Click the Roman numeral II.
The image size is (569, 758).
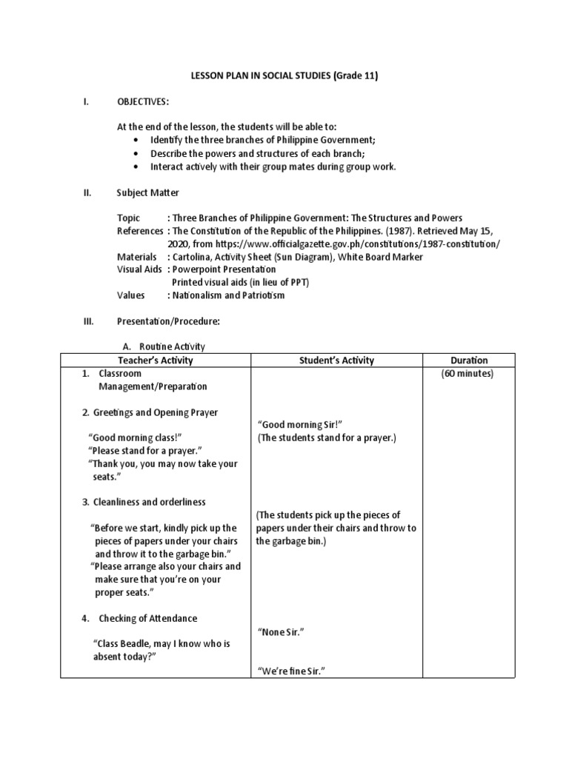pos(87,192)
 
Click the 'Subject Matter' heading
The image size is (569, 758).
pos(147,192)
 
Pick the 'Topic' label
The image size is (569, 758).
pos(128,218)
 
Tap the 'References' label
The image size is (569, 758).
pos(139,231)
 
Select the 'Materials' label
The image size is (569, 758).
pos(136,257)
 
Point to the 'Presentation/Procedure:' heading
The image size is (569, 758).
pos(168,321)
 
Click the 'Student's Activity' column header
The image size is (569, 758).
pos(336,360)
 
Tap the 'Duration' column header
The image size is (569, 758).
pos(468,360)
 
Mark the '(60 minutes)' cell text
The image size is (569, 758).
pos(467,374)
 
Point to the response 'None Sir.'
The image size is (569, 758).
pos(282,631)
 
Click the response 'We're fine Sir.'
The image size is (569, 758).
pos(293,671)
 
